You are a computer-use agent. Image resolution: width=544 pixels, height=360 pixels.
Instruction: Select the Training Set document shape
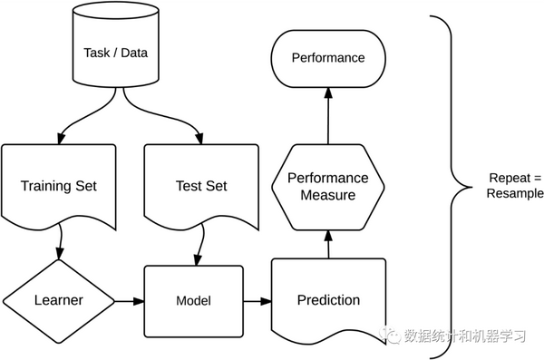coord(58,186)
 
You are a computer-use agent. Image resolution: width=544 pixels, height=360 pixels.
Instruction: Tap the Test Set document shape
coord(200,186)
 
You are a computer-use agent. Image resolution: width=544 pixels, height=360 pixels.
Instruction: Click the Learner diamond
coord(58,300)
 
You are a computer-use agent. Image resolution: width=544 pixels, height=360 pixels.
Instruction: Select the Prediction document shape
coord(327,299)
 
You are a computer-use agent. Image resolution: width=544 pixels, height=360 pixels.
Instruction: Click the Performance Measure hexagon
coord(327,186)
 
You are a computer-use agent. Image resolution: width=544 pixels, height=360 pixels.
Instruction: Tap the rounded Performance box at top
coord(327,58)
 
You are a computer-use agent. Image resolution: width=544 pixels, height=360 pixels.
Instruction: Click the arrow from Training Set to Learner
coord(60,243)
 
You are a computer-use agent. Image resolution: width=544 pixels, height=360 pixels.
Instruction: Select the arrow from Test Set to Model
coord(198,243)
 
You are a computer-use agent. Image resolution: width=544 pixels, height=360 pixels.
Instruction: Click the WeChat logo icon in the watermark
coord(391,336)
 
